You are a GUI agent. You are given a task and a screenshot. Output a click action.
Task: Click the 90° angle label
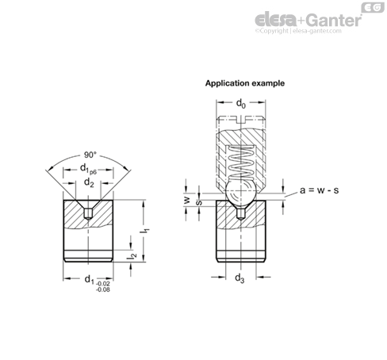point(90,155)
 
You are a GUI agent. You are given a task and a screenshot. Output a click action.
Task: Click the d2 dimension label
point(89,182)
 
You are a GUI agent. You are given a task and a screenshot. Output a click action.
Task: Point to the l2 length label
point(132,256)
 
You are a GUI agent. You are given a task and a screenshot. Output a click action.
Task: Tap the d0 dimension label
point(241,103)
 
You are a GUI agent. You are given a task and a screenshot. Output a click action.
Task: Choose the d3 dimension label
point(239,278)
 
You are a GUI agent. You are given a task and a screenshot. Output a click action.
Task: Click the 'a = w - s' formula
point(319,190)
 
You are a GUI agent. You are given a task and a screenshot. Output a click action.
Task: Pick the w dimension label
point(187,200)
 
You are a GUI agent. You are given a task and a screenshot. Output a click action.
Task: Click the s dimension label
point(200,203)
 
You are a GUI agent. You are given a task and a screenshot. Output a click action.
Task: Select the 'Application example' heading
point(245,83)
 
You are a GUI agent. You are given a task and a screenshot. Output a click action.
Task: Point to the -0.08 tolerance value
point(102,289)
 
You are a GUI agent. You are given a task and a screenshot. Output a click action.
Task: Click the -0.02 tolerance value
point(102,284)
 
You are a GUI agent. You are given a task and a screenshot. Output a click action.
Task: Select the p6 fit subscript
point(93,172)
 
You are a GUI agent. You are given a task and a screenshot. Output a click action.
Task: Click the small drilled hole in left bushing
point(88,214)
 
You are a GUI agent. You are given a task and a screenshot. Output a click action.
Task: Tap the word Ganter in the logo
point(334,20)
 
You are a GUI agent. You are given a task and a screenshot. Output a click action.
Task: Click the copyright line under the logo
point(298,31)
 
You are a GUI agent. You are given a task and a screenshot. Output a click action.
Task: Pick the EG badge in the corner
point(373,8)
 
